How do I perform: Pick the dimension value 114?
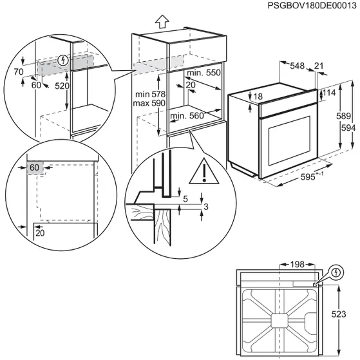[x=329, y=93]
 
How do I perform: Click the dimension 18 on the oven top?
[x=258, y=97]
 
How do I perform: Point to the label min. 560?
[x=189, y=117]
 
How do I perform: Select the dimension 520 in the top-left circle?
[x=62, y=86]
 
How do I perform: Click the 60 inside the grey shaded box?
[x=34, y=168]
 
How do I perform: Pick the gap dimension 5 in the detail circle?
[x=185, y=200]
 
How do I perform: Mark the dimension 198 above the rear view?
[x=296, y=265]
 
